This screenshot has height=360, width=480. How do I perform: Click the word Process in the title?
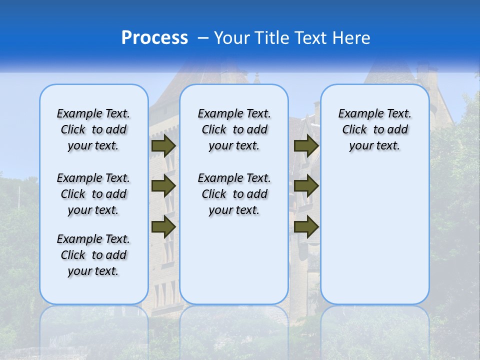154,37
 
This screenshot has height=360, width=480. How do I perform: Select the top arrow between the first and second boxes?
163,145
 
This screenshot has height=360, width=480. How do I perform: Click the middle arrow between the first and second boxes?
163,186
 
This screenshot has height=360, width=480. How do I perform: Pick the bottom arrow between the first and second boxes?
163,226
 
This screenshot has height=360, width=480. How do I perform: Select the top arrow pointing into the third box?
306,145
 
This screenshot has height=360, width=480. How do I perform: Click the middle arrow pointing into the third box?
306,186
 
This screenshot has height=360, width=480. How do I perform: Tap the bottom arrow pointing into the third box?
306,226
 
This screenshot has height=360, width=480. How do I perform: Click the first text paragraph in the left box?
93,129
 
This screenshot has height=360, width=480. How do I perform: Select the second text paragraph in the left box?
93,194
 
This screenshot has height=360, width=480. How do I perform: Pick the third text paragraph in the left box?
93,255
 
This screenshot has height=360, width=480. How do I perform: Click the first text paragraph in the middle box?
234,129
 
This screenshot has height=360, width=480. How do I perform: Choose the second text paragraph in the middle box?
234,194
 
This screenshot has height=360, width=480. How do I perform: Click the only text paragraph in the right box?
374,129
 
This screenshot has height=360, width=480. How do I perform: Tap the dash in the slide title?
203,38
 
